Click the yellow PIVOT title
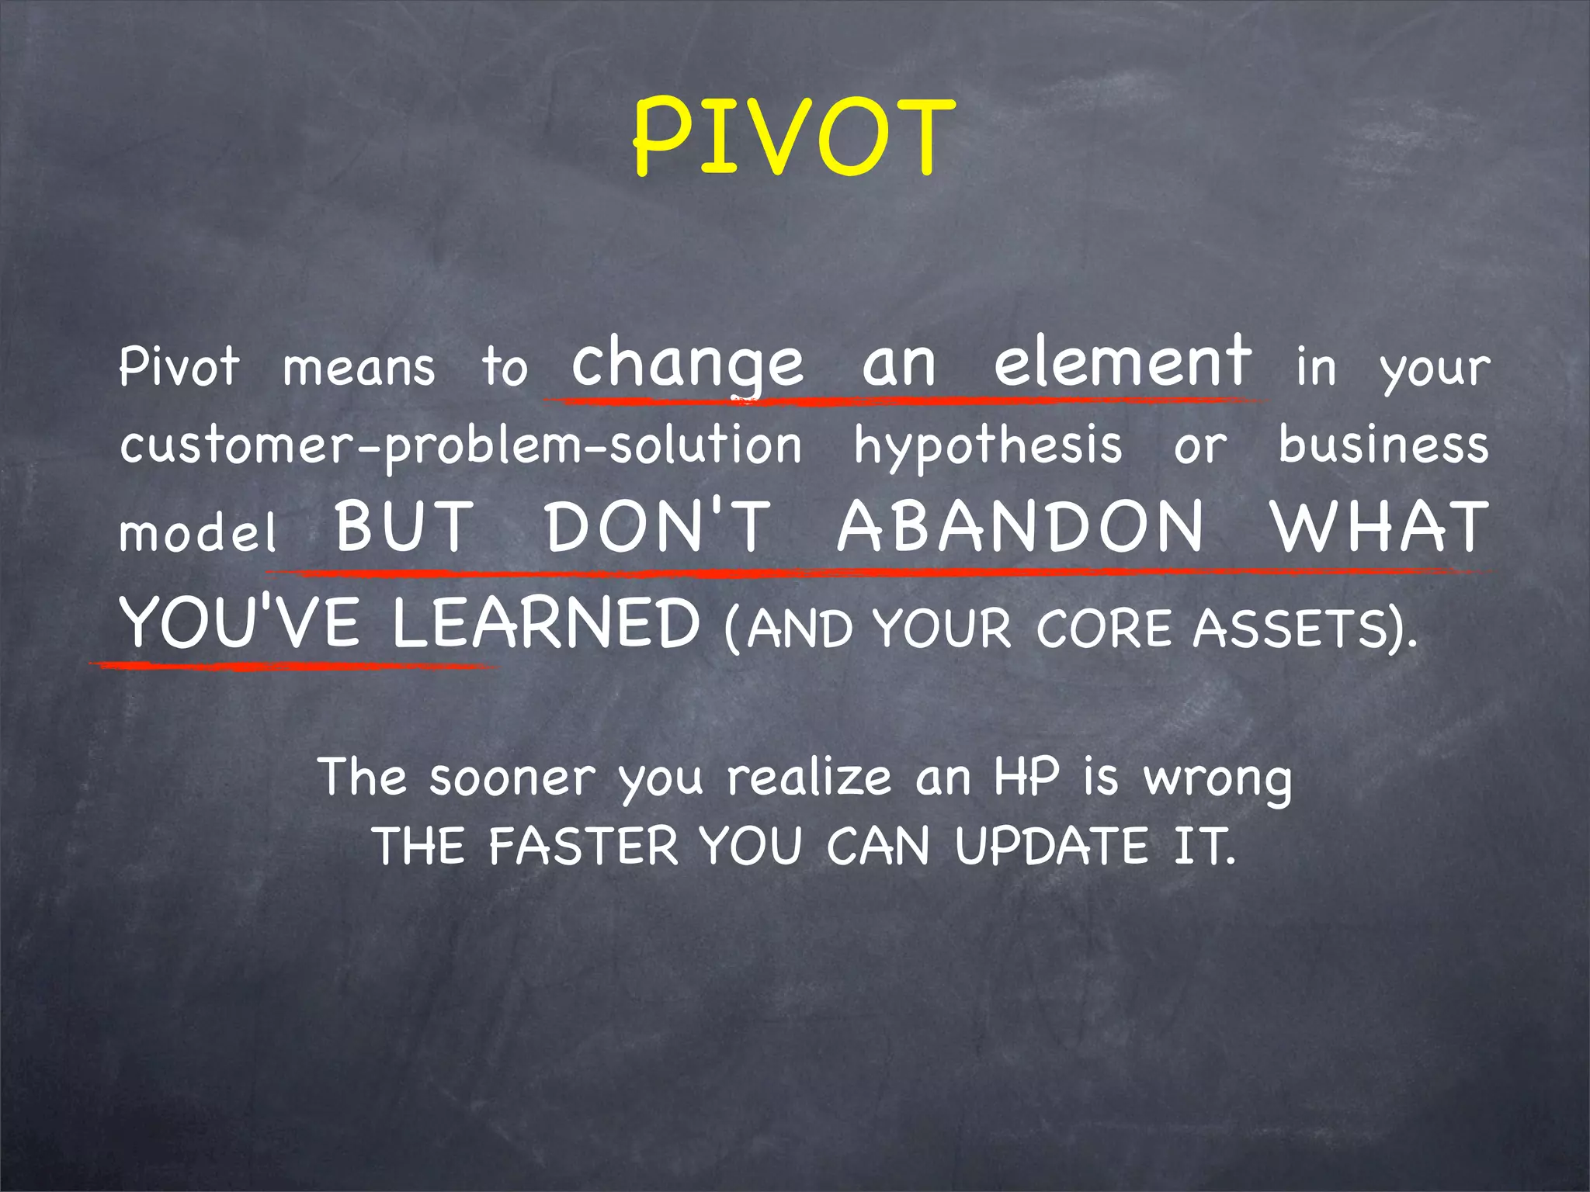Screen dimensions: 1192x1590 coord(793,138)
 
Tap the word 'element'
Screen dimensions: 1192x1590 coord(1123,362)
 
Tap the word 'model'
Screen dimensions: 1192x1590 coord(198,533)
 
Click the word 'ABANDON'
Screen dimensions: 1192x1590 coord(1021,527)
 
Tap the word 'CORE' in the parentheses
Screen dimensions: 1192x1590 coord(1103,628)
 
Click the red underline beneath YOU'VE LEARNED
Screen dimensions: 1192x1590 coord(295,666)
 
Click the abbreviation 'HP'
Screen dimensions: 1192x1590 coord(1026,777)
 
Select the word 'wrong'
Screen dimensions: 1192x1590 coord(1217,780)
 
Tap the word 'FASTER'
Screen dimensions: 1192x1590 coord(583,846)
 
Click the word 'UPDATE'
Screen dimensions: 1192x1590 coord(1051,846)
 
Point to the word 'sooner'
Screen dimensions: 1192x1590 coord(512,778)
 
